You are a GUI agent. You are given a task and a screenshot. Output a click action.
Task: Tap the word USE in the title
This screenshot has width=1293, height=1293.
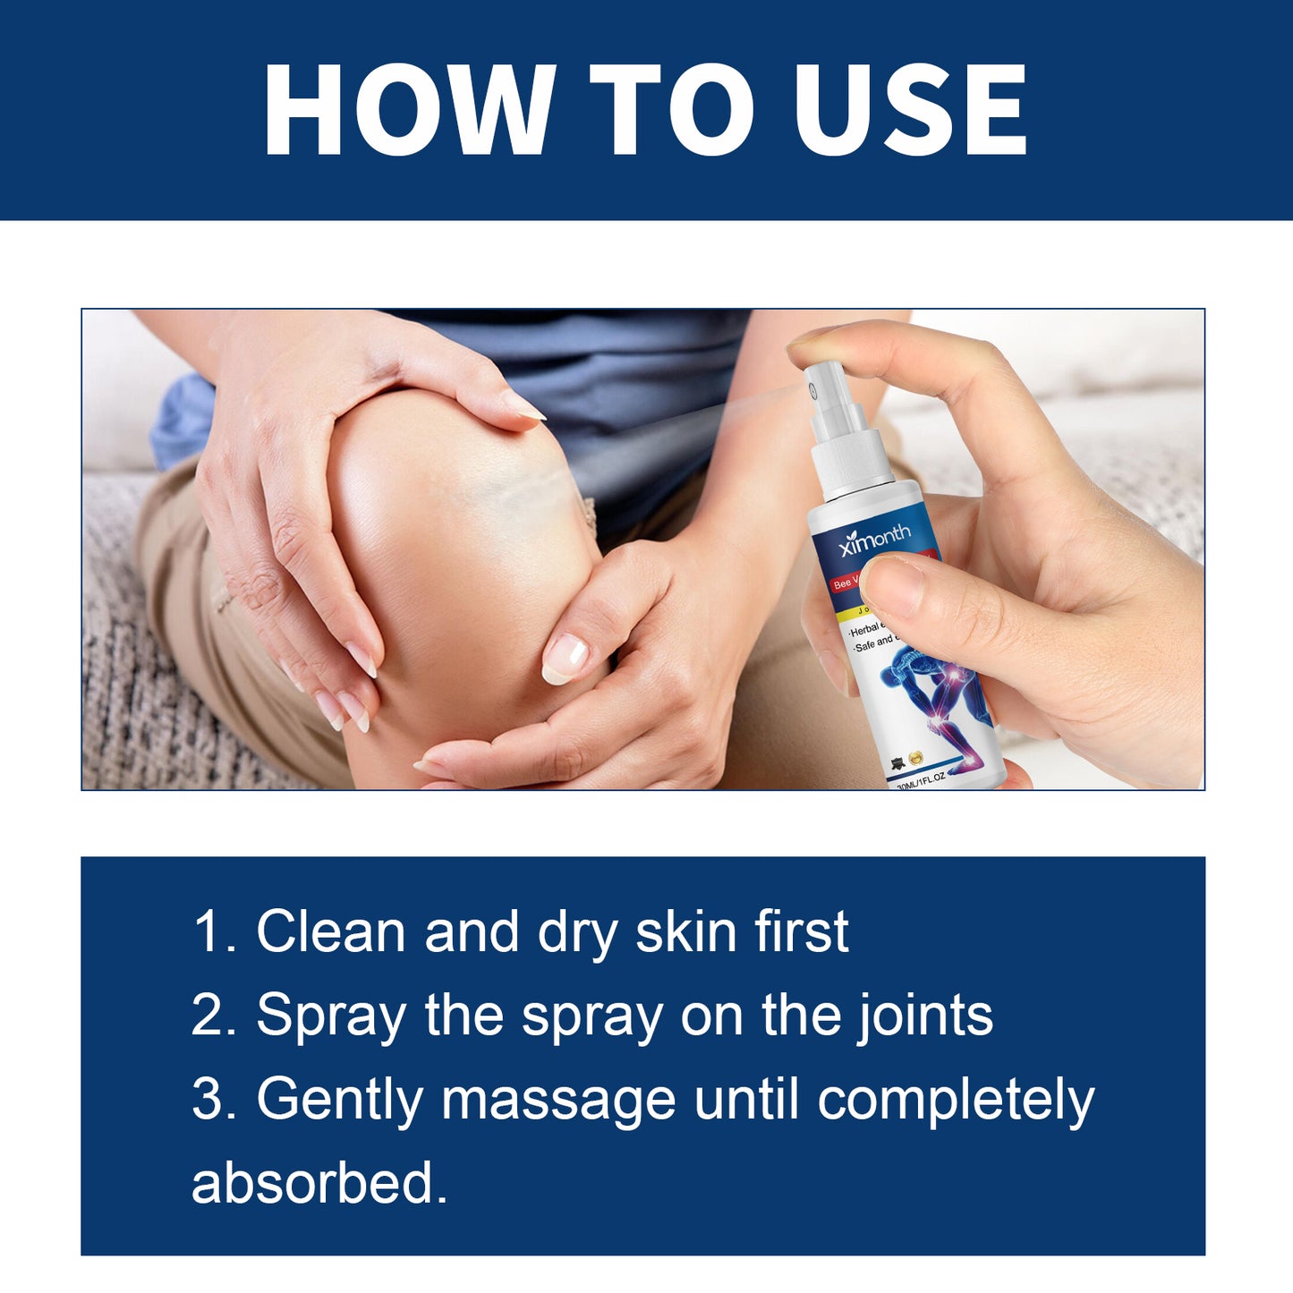(910, 111)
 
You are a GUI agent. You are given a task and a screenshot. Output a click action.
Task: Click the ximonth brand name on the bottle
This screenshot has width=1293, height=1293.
(874, 539)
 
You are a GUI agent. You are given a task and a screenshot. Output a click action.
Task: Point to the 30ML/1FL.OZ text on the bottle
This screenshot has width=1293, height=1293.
(922, 780)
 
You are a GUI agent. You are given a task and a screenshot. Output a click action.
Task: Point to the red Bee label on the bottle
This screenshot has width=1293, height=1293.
(843, 583)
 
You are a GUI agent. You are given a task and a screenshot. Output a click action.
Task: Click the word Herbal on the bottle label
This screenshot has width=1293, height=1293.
(864, 630)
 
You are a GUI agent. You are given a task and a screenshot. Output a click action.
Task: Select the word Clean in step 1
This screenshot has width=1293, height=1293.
(331, 931)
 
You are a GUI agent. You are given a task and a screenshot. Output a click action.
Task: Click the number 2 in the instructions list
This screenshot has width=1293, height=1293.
(206, 1016)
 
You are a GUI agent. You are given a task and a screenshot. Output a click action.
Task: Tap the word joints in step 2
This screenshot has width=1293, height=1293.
(925, 1016)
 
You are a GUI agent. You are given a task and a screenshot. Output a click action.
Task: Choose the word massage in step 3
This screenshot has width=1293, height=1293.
(557, 1100)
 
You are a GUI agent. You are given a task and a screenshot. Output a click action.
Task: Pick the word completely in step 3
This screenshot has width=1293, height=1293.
(955, 1100)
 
